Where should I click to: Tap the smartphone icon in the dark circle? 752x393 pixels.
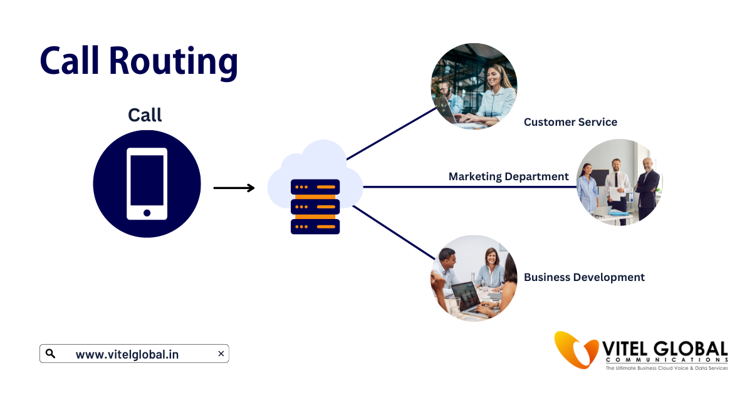point(147,183)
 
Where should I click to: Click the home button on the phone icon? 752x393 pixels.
point(147,213)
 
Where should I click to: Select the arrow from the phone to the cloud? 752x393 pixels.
point(234,188)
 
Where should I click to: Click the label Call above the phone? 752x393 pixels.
point(145,115)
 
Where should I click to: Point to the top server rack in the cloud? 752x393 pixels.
point(315,186)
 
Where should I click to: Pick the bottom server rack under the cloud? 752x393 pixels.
point(315,226)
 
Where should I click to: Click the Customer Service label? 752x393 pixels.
point(570,122)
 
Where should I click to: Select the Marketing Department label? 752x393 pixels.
point(508,176)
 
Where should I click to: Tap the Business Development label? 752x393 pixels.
point(584,277)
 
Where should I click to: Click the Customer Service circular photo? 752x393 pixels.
point(474,86)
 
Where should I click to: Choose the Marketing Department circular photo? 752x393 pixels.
point(619,182)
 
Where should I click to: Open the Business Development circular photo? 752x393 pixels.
point(474,278)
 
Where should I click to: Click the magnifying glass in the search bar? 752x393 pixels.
point(51,354)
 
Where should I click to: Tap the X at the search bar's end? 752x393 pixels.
point(221,354)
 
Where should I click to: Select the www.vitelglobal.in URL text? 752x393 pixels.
point(127,354)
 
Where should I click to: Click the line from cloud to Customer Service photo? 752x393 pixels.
point(392,133)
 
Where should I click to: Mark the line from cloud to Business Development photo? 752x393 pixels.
point(394,232)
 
